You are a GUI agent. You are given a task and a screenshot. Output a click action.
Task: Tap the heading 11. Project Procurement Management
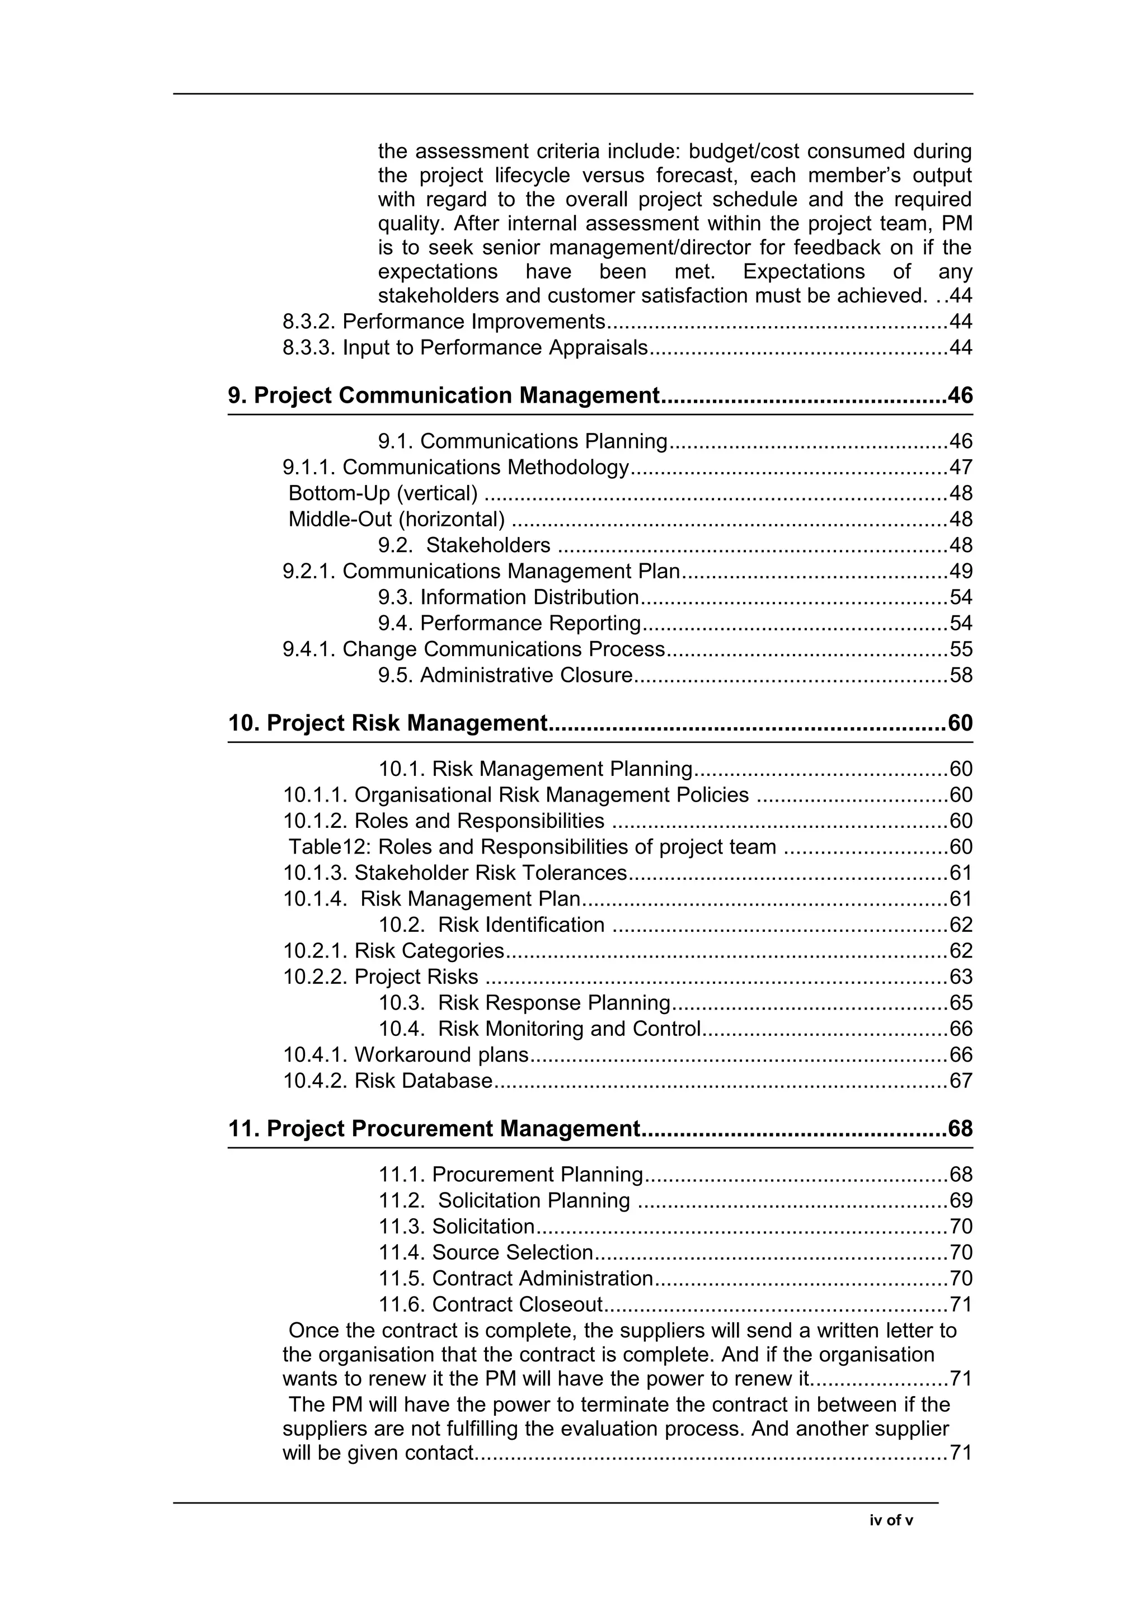[434, 1128]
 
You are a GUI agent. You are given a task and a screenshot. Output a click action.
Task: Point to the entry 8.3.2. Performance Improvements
[443, 322]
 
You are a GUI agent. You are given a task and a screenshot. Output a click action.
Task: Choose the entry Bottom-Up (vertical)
[383, 493]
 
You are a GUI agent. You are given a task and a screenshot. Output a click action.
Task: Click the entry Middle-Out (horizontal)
[396, 519]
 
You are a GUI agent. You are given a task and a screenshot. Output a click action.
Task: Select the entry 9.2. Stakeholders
[464, 545]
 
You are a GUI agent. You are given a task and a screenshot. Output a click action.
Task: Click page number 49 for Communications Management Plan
[960, 571]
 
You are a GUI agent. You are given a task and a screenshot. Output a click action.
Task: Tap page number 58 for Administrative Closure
[960, 675]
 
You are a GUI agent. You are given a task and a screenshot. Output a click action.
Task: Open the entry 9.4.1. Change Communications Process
[473, 649]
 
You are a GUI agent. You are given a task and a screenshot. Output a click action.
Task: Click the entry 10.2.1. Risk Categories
[393, 950]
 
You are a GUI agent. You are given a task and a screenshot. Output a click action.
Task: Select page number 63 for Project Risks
[960, 977]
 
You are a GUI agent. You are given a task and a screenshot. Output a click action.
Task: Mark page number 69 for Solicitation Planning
[960, 1200]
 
